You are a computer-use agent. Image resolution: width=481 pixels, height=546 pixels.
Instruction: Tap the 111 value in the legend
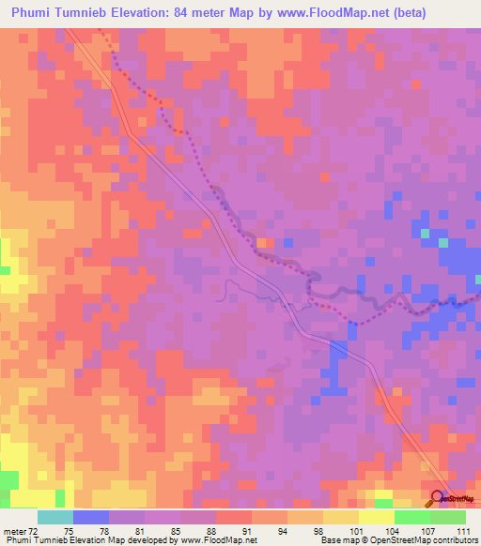462,531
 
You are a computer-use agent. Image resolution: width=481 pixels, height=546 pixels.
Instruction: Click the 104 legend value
391,531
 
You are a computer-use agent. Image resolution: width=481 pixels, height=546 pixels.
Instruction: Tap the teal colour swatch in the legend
55,517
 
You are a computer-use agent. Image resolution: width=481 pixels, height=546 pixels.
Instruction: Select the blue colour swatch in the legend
91,517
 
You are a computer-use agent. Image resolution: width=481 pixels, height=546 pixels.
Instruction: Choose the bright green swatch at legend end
448,517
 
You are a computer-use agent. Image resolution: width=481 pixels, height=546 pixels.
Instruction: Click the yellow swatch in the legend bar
377,517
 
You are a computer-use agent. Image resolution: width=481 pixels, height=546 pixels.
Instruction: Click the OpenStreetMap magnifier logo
439,499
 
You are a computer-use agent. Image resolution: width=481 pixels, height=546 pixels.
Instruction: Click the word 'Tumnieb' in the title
97,13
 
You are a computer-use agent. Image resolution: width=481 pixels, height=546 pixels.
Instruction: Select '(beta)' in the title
406,13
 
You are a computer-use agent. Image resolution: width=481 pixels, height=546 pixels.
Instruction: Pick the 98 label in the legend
319,531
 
